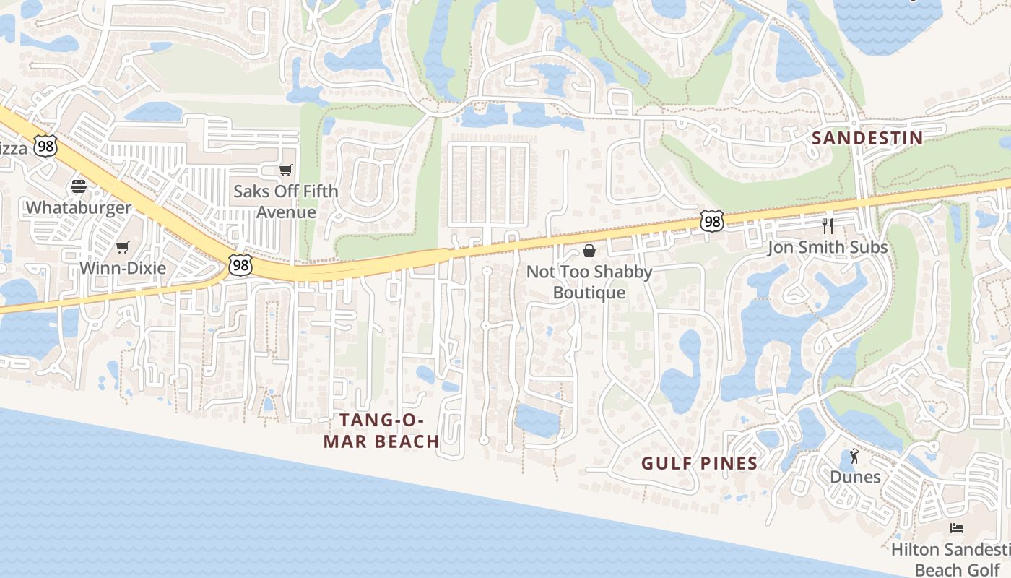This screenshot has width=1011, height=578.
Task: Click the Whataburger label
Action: point(79,208)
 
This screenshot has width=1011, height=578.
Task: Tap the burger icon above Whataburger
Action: point(79,186)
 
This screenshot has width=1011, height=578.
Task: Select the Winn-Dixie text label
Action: point(123,268)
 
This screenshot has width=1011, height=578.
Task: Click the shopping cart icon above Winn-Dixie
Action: point(123,247)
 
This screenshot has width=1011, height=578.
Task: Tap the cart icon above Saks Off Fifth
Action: point(286,171)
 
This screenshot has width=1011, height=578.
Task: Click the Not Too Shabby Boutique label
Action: point(589,282)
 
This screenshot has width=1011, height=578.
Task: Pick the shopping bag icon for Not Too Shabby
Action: point(589,251)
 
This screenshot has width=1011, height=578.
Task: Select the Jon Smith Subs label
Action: point(828,248)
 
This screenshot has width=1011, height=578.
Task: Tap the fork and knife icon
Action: point(828,226)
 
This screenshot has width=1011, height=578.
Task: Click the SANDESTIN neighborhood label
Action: point(867,138)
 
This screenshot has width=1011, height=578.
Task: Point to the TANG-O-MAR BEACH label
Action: point(381,431)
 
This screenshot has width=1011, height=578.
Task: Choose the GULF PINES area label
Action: point(700,464)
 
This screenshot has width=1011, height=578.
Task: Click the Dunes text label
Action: point(855,477)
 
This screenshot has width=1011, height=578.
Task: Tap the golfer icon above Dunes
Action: point(855,456)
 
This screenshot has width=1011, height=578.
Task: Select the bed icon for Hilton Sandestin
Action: point(957,528)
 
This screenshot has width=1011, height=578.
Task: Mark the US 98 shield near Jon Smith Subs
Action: point(712,222)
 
